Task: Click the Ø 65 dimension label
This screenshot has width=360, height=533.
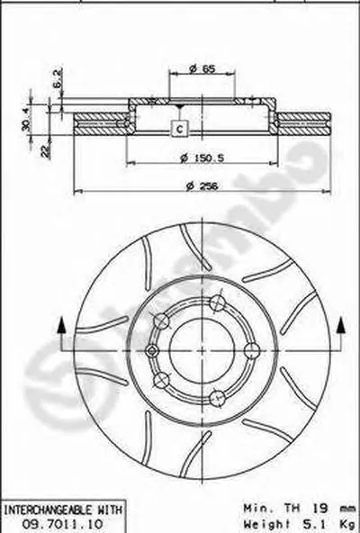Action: (x=202, y=68)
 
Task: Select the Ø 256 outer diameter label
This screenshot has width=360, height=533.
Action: (x=203, y=186)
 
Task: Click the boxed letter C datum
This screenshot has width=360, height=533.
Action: (x=180, y=128)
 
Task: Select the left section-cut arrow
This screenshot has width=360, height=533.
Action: (x=61, y=326)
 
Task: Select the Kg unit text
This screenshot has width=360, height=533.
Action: (x=345, y=520)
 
